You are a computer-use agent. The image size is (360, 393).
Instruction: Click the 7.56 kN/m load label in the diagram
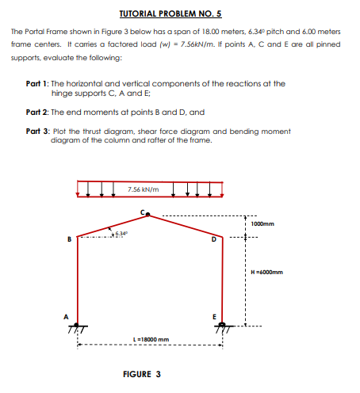point(143,189)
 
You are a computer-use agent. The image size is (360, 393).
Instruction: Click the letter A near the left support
point(67,314)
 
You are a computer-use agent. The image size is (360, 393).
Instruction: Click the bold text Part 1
point(37,82)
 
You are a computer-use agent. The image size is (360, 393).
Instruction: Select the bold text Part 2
point(37,112)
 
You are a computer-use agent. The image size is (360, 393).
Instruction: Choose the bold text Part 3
point(37,131)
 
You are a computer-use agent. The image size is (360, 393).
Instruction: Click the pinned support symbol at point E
point(222,326)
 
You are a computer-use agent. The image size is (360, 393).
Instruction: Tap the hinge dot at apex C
point(148,214)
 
